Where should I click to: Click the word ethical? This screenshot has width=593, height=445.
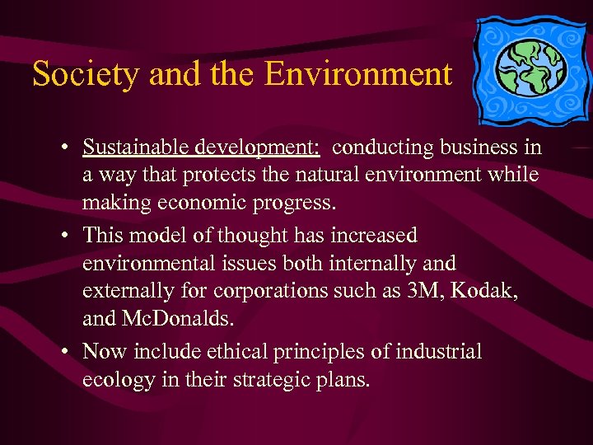tap(239, 352)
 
